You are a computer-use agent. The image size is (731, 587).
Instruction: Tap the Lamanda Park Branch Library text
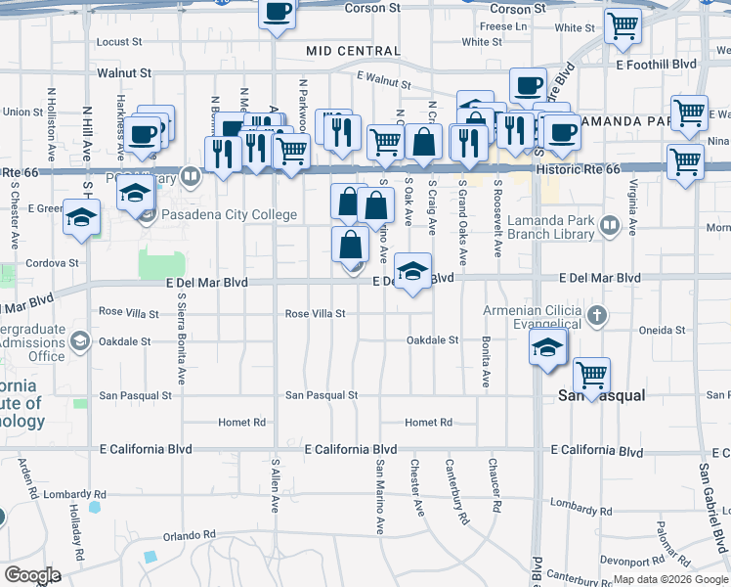coord(544,228)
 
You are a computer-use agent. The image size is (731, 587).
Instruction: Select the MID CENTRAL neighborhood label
coord(353,51)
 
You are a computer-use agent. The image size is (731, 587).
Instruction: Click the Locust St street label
coord(119,42)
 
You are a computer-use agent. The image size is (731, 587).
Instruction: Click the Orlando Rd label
coord(189,535)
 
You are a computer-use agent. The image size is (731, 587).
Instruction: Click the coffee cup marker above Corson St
coord(277,13)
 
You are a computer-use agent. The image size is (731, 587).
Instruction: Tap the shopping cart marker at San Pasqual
coord(591,374)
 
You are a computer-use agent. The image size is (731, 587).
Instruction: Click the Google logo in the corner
coord(33,575)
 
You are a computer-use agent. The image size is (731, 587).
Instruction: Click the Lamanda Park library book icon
coord(610,228)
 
